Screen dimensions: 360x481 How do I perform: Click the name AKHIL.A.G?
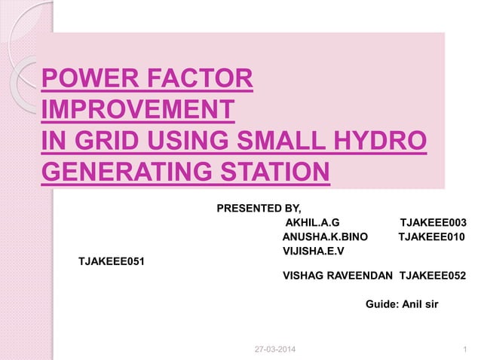point(313,223)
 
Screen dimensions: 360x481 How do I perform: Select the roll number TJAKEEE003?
point(433,223)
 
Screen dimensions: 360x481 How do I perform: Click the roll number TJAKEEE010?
point(431,236)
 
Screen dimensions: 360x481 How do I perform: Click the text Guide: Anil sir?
point(401,304)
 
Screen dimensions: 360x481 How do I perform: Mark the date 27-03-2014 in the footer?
point(276,350)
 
